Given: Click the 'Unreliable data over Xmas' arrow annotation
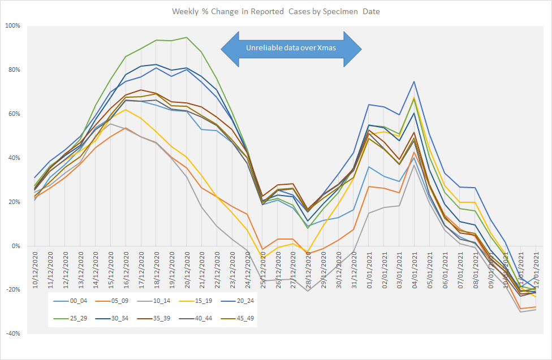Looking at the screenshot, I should pyautogui.click(x=291, y=48).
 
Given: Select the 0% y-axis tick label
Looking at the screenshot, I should pyautogui.click(x=16, y=246).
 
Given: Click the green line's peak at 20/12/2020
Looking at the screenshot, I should pyautogui.click(x=186, y=37).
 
